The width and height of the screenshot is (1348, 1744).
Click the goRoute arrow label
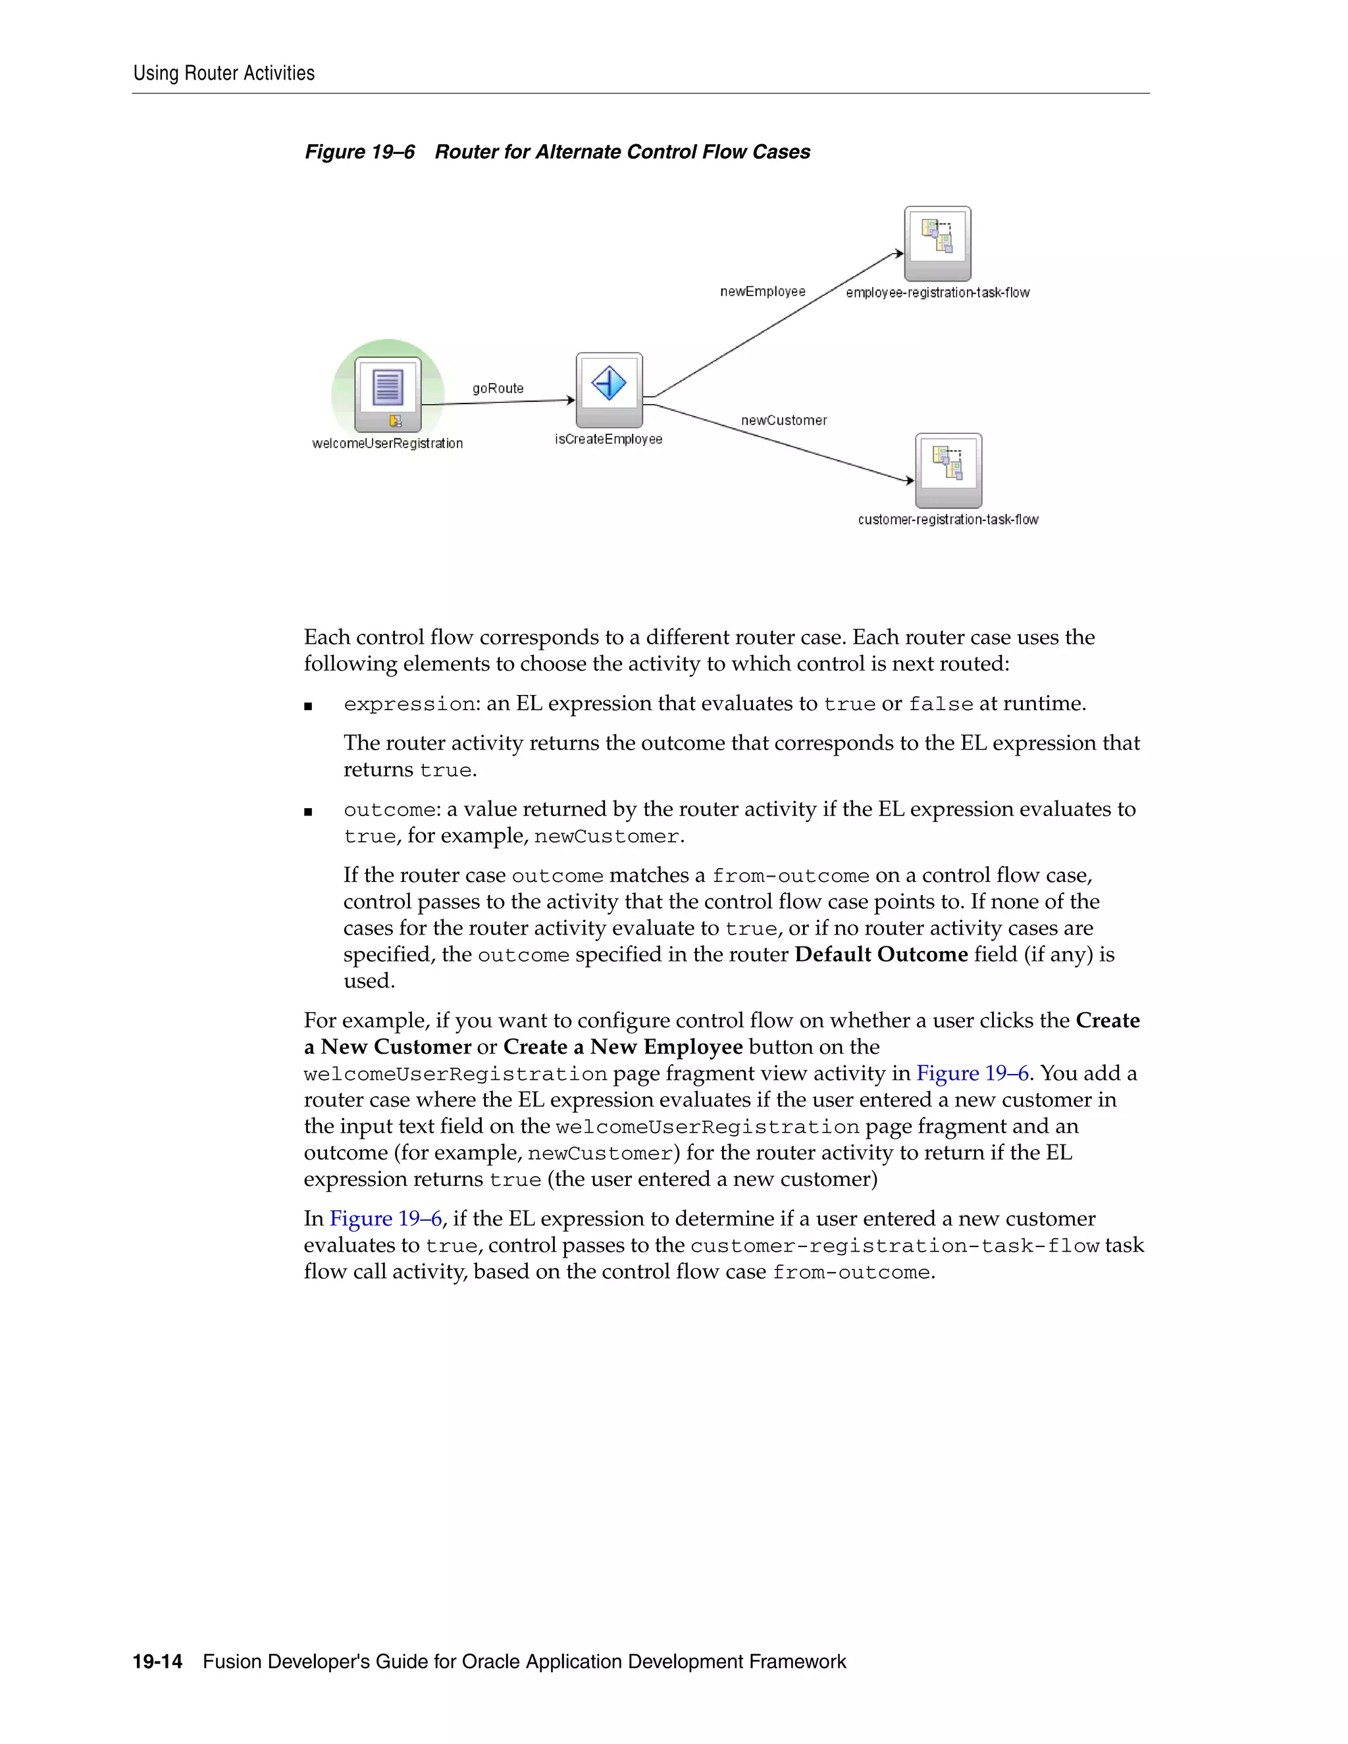(498, 389)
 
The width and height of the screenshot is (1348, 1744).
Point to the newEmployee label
(763, 292)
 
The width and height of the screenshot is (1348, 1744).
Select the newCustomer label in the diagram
(783, 421)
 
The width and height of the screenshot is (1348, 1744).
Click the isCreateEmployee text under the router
(609, 439)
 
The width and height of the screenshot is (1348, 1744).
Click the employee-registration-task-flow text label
(937, 293)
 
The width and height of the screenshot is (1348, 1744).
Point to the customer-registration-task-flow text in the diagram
(948, 520)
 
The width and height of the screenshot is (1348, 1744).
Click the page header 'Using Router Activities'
(224, 74)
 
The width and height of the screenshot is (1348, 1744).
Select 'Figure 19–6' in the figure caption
(359, 153)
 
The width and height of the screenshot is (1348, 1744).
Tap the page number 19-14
(157, 1662)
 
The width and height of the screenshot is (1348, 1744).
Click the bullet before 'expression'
(308, 706)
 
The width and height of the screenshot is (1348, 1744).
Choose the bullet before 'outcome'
(308, 812)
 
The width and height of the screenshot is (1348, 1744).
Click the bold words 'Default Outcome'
(881, 955)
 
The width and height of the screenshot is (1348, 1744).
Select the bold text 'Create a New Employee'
(623, 1047)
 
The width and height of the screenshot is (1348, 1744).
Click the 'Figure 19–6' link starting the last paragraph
(386, 1219)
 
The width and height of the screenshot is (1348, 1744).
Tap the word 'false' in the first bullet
(941, 704)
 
